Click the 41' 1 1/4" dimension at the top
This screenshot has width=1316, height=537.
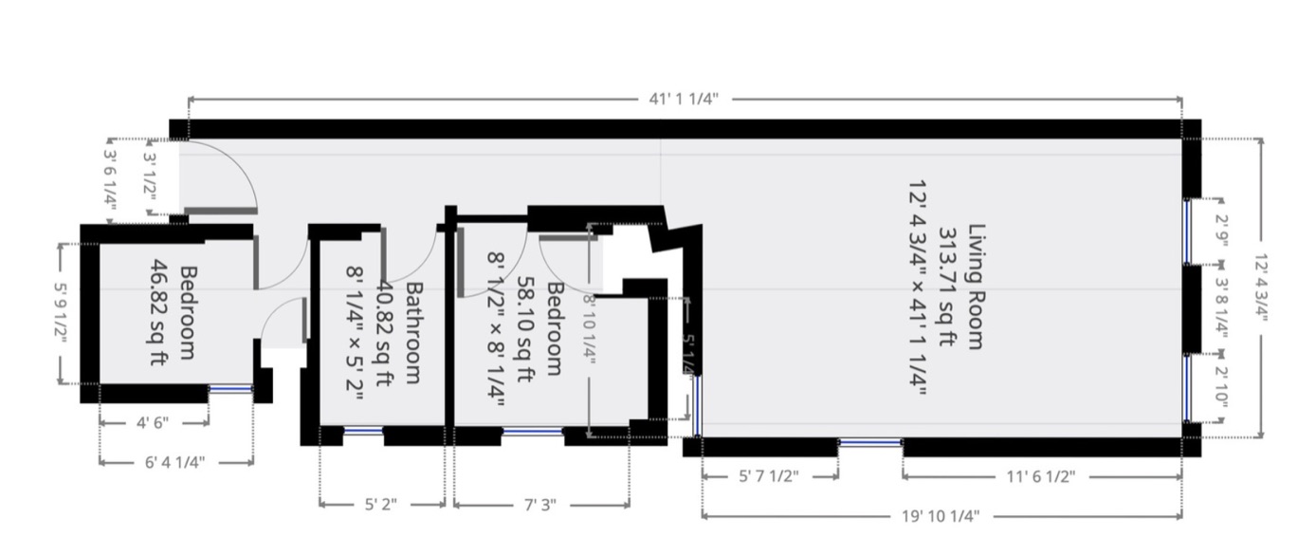684,100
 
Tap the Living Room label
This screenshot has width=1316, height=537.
977,287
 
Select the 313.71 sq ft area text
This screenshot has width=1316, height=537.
946,287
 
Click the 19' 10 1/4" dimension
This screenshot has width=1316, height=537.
941,516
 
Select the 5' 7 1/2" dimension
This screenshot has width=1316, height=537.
769,476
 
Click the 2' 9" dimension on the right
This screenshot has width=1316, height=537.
1221,231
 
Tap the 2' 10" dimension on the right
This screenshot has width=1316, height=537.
1221,386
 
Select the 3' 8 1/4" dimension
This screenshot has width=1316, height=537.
1221,308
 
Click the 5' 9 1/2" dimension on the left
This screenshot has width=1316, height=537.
62,313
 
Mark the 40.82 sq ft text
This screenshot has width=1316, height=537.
383,334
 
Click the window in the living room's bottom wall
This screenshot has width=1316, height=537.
870,442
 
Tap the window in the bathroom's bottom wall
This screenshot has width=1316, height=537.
363,432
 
